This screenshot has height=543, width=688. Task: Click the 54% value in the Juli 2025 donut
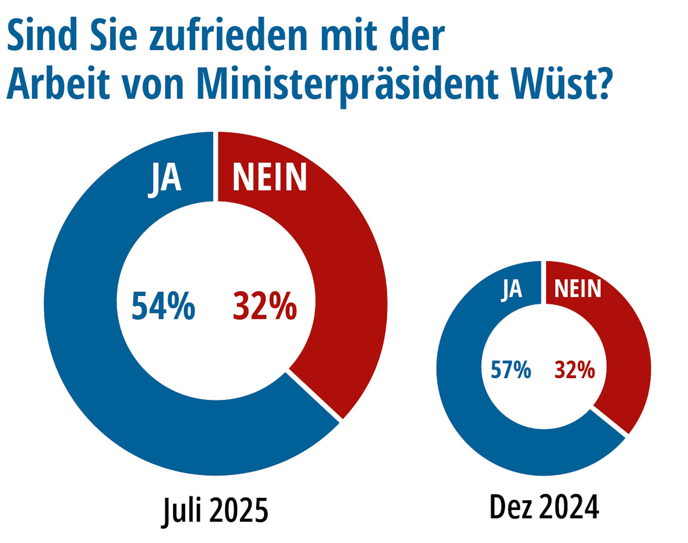pos(163,306)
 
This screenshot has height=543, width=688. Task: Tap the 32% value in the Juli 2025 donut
pos(265,306)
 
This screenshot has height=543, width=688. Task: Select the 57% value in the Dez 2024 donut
pos(511,370)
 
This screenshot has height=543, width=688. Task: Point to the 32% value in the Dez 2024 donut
pos(574,370)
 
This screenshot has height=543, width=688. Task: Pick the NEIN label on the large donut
pos(270,177)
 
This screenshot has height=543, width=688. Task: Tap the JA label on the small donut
pos(512,289)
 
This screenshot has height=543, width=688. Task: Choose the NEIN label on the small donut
pos(578,289)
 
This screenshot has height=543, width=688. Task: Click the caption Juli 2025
pos(215,510)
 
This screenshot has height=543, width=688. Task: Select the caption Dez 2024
pos(544,507)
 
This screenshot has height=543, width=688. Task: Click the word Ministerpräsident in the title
pos(347,84)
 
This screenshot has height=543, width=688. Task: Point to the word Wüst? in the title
pos(561,84)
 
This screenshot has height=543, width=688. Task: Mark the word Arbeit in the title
pos(58,84)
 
